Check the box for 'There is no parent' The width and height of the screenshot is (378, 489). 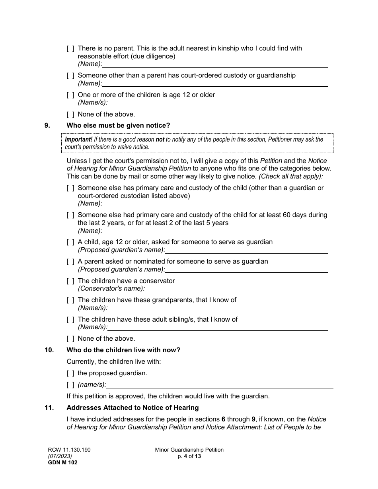click(70, 49)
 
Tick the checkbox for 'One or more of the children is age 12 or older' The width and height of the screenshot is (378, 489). click(70, 95)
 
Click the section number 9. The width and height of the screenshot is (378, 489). click(47, 126)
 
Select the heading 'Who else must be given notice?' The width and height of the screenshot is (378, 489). click(118, 126)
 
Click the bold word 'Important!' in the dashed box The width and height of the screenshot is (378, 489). click(78, 140)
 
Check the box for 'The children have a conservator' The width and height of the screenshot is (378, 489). click(70, 281)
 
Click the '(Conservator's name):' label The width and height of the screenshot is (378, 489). click(111, 289)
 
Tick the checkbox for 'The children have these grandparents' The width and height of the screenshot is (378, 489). click(70, 300)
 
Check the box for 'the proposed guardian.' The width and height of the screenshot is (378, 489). click(70, 373)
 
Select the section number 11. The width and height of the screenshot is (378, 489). click(49, 407)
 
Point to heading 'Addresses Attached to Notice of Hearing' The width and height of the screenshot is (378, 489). click(132, 407)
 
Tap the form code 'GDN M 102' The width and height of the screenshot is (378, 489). click(61, 462)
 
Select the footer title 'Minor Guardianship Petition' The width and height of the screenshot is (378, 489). click(189, 450)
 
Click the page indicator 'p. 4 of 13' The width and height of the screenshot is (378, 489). click(189, 456)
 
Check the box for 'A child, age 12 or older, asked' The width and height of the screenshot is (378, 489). click(70, 242)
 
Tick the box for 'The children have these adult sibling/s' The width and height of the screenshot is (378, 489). click(70, 320)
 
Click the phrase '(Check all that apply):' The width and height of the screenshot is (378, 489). click(291, 176)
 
